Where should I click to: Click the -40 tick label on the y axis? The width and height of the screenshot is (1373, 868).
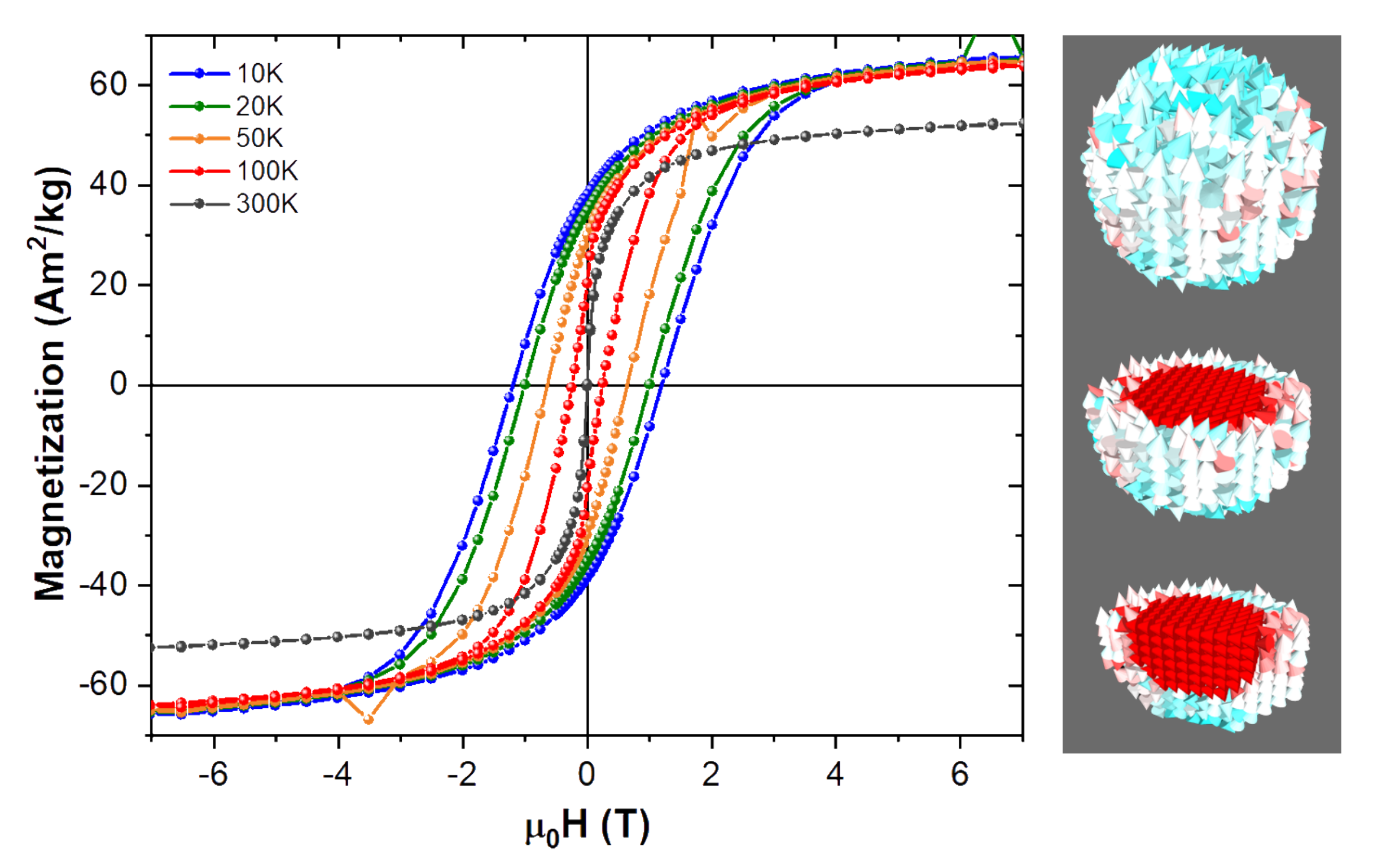click(x=103, y=585)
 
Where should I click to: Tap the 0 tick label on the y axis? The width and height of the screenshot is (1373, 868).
click(x=119, y=385)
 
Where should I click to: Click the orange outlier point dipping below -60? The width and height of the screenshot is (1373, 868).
click(x=369, y=720)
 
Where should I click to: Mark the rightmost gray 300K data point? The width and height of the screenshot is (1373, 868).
click(x=1023, y=123)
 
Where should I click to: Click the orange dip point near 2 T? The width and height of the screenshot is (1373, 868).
click(x=711, y=137)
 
